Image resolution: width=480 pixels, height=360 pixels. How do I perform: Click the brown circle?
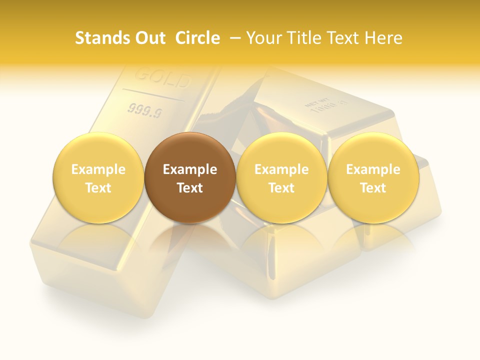pyautogui.click(x=190, y=178)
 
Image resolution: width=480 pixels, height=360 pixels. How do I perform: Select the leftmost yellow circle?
pyautogui.click(x=98, y=178)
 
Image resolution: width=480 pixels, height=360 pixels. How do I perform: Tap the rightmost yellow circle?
pyautogui.click(x=373, y=178)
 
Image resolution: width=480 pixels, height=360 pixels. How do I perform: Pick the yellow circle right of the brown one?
pyautogui.click(x=281, y=178)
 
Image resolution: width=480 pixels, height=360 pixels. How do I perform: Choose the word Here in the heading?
pyautogui.click(x=383, y=38)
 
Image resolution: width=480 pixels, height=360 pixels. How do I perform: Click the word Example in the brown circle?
pyautogui.click(x=190, y=169)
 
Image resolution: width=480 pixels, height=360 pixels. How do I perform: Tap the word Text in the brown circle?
pyautogui.click(x=190, y=188)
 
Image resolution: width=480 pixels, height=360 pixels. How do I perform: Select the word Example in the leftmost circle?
pyautogui.click(x=98, y=169)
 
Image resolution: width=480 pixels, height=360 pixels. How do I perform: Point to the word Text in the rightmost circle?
pyautogui.click(x=373, y=188)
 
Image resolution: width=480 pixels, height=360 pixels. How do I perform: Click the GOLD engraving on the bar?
pyautogui.click(x=163, y=78)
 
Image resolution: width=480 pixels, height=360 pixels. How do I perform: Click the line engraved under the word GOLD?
pyautogui.click(x=153, y=95)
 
